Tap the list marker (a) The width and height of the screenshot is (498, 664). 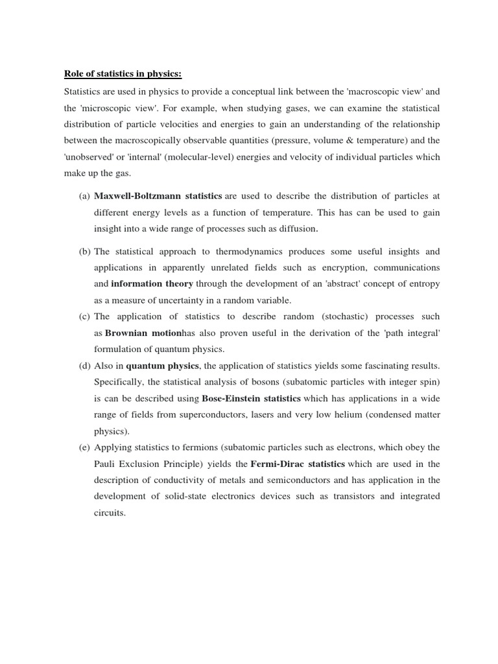click(85, 196)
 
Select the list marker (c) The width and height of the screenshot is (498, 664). click(85, 316)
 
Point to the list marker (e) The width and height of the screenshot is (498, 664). click(85, 447)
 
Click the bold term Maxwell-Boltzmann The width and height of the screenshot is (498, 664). click(137, 196)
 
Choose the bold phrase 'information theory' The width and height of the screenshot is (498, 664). click(152, 283)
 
